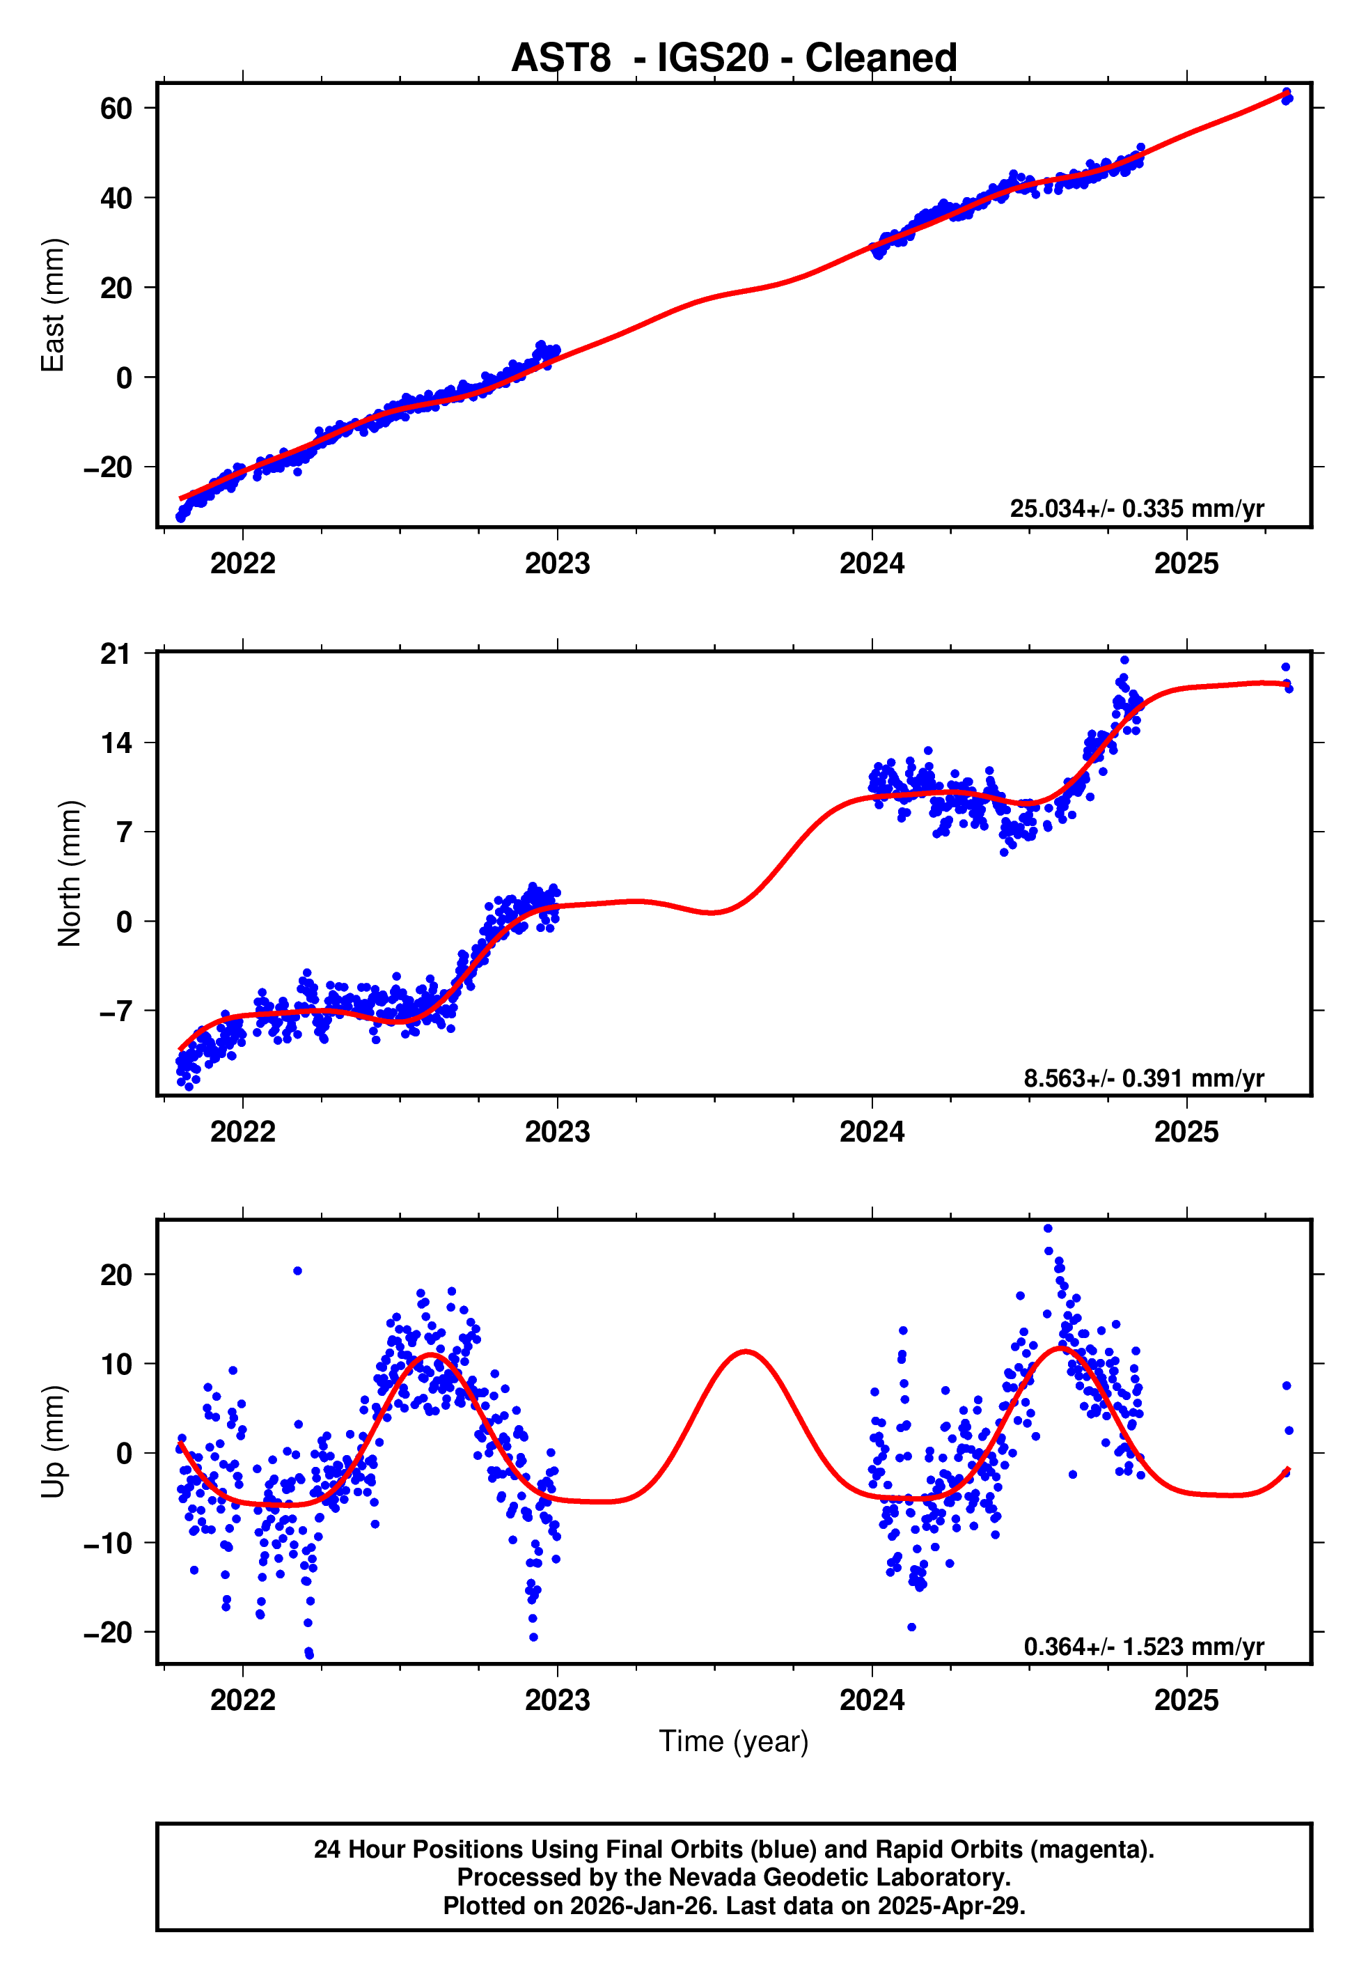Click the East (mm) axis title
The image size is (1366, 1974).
coord(53,306)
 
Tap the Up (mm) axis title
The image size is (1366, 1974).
coord(53,1442)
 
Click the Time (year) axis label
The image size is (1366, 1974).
coord(734,1741)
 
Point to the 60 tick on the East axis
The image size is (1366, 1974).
coord(116,109)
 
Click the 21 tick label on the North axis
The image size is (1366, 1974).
coord(116,655)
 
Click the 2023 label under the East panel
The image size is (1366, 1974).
coord(557,564)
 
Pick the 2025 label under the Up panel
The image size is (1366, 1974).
coord(1186,1700)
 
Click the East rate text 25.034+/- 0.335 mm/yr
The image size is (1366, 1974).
coord(1137,508)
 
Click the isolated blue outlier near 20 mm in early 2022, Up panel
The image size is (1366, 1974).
coord(297,1271)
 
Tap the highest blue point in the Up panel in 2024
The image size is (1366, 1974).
coord(1048,1229)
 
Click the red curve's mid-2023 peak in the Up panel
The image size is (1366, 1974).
coord(746,1352)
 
